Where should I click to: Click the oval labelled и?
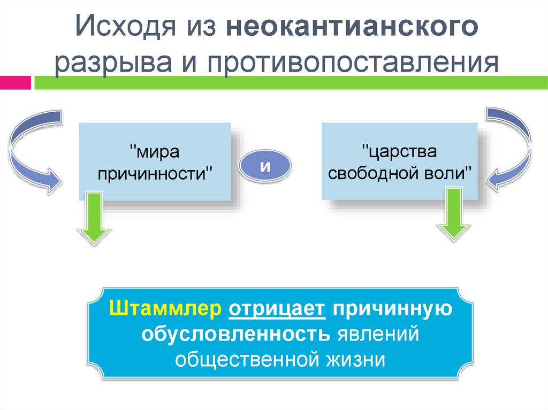pos(264,166)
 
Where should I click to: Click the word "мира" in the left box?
pos(156,153)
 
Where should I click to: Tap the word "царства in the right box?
pos(399,152)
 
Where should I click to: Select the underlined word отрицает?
pos(276,308)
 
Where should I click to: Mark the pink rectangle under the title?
pos(16,83)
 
